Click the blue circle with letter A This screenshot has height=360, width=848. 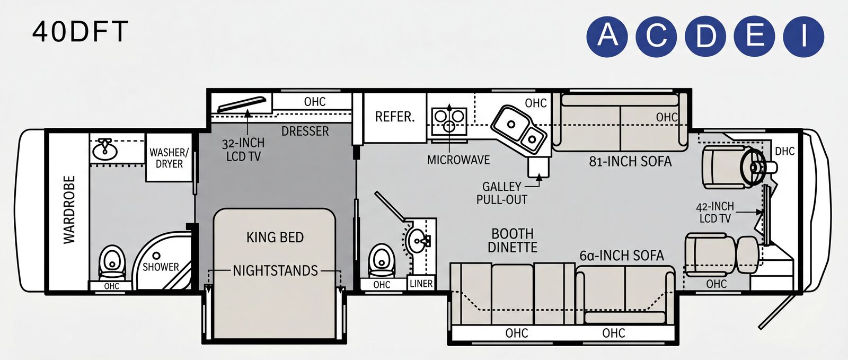point(607,37)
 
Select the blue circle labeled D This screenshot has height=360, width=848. point(705,37)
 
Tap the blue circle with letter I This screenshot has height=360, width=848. point(803,37)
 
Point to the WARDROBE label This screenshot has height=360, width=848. point(69,210)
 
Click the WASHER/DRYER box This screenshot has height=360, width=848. point(169,157)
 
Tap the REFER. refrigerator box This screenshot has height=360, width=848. point(395,117)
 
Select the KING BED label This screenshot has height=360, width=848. point(275,238)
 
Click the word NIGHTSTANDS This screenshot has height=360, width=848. point(275,270)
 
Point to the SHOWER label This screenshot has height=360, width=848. point(161,267)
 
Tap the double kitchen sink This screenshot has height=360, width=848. point(519,129)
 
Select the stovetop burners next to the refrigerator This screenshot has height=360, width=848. point(449,121)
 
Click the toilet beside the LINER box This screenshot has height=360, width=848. point(381,261)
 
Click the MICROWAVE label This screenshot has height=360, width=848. point(458,160)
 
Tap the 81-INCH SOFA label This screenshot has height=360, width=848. point(630,162)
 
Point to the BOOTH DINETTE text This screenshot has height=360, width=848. point(513,240)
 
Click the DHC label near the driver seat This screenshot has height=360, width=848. point(785,152)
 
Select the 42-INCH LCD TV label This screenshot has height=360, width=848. point(715,213)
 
